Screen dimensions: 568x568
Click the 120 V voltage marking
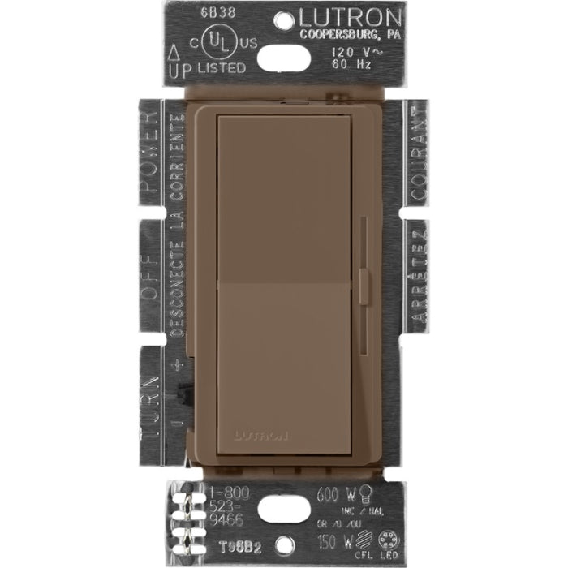click(x=352, y=50)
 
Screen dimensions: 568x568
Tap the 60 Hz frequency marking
click(x=352, y=63)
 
